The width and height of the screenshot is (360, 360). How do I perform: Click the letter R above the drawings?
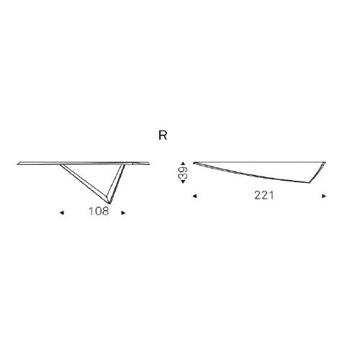(x=163, y=135)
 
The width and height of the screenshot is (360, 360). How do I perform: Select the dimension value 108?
(x=99, y=212)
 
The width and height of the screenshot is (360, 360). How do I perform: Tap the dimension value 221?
(x=264, y=196)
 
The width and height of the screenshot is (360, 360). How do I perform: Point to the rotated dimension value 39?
(x=183, y=173)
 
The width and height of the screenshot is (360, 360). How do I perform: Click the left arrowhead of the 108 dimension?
(x=62, y=212)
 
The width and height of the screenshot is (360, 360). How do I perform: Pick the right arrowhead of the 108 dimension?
(x=123, y=212)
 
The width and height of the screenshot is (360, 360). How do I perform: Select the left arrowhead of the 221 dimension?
(x=194, y=196)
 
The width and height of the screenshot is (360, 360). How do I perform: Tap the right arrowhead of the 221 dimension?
(x=324, y=196)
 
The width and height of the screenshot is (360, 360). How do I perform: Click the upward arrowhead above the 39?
(x=183, y=163)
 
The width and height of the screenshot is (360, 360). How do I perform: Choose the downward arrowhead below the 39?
(x=183, y=181)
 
